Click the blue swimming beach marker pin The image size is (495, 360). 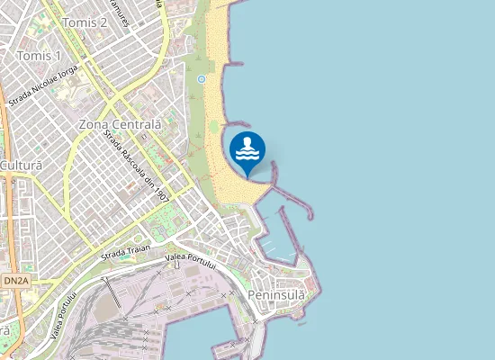point(247,149)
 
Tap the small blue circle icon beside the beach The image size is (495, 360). point(202,79)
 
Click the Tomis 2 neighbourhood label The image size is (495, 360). point(85,22)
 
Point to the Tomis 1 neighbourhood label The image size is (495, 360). point(39,56)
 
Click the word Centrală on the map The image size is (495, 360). point(139,123)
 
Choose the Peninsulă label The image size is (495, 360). point(275,294)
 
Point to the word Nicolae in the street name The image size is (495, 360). point(42,87)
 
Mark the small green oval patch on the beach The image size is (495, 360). point(213,127)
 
